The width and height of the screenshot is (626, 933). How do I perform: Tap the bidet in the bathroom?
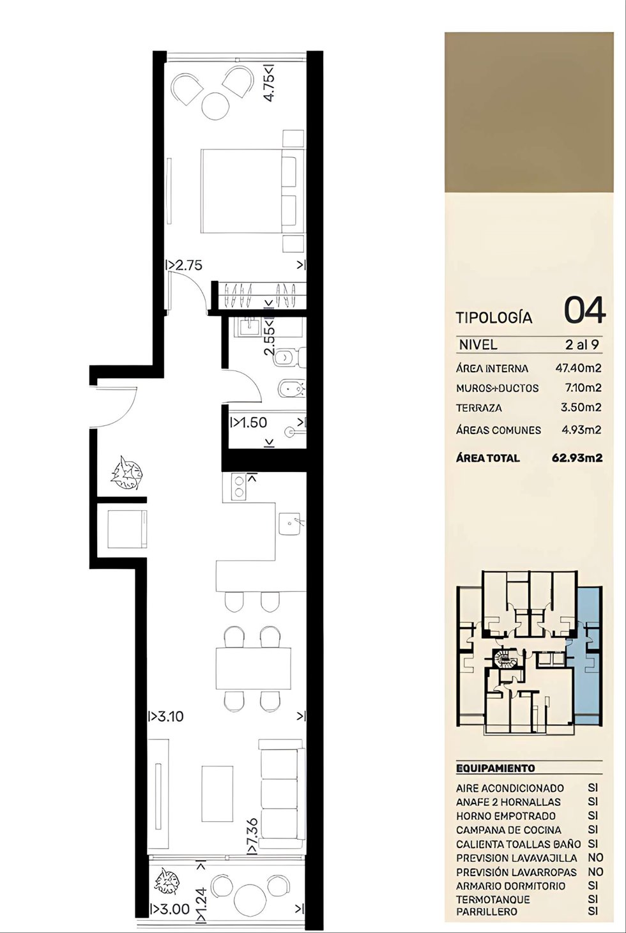click(x=291, y=390)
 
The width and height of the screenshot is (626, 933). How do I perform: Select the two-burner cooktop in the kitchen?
click(x=239, y=487)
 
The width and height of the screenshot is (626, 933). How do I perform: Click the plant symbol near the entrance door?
click(x=127, y=473)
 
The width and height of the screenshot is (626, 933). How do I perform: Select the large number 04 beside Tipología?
click(x=584, y=310)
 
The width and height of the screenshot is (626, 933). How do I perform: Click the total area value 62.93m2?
click(x=577, y=458)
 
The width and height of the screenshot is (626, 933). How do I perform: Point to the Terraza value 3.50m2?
click(x=581, y=407)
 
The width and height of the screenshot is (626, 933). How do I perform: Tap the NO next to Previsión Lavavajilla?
click(x=595, y=858)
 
